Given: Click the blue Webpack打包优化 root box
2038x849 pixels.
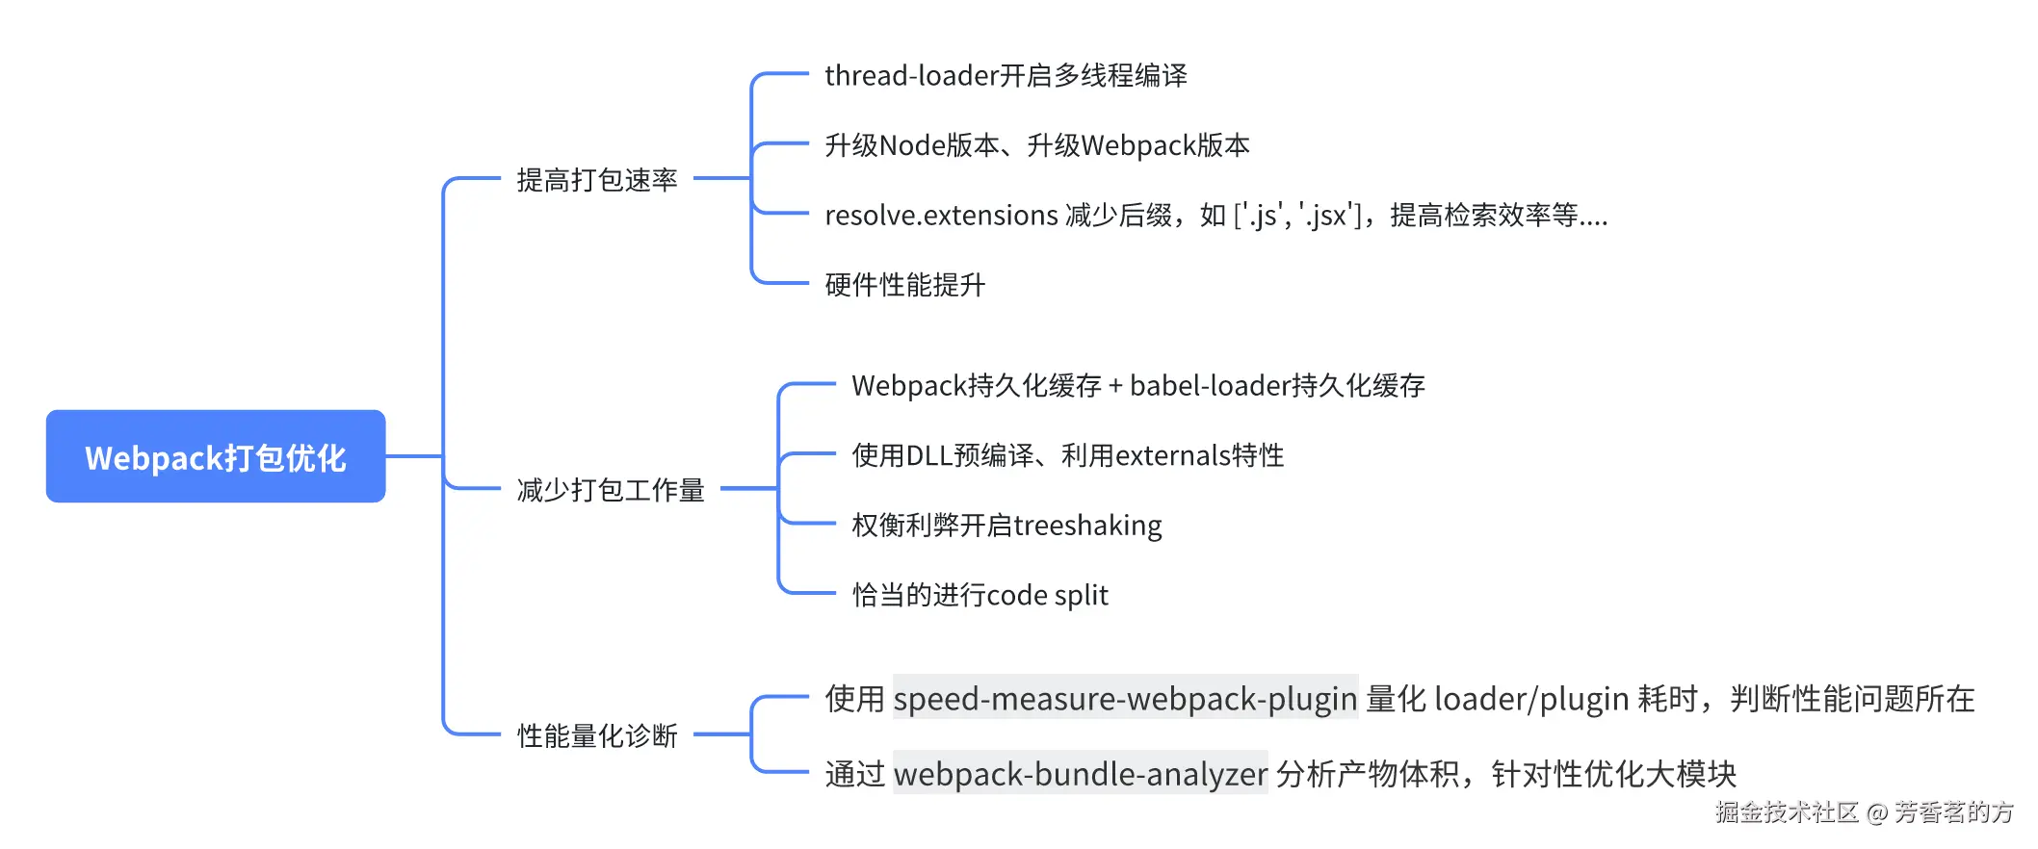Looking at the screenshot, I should tap(216, 456).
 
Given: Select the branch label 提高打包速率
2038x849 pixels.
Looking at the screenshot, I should tap(597, 180).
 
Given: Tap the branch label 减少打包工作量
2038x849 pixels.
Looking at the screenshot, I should tap(611, 490).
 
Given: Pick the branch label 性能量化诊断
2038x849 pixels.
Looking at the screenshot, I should tap(597, 735).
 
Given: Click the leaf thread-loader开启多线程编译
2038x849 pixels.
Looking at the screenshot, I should tap(1006, 75).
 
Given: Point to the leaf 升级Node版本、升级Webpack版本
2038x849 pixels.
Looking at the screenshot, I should tap(1036, 145).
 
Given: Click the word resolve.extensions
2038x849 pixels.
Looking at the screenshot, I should tap(941, 215).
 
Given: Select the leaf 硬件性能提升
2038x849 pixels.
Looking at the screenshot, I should tap(904, 285).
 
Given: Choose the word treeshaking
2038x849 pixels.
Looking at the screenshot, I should tap(1087, 526).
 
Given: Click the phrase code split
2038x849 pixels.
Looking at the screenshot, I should tap(1047, 596).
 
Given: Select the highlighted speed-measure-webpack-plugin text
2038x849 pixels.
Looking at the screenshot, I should tap(1125, 698).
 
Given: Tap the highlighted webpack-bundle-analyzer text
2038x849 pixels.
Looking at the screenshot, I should tap(1080, 774).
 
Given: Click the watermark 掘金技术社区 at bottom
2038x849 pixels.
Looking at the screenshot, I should tap(1787, 812).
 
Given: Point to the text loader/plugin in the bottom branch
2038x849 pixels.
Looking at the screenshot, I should tap(1531, 698).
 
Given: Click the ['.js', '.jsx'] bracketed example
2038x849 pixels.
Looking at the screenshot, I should tap(1297, 215).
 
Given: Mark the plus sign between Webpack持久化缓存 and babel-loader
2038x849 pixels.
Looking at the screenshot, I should tap(1115, 386).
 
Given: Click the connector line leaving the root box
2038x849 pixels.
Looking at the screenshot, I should tap(414, 456).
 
